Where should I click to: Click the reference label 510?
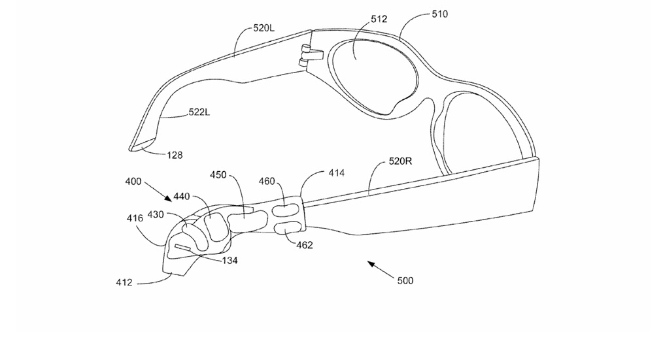click(x=439, y=14)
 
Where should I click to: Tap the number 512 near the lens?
click(x=379, y=19)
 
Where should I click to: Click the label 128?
click(x=175, y=155)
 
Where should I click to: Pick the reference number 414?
click(x=336, y=173)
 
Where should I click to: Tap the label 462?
click(x=305, y=245)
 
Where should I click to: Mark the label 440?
click(x=182, y=195)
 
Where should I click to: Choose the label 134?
click(x=229, y=261)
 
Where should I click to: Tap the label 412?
click(x=124, y=282)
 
